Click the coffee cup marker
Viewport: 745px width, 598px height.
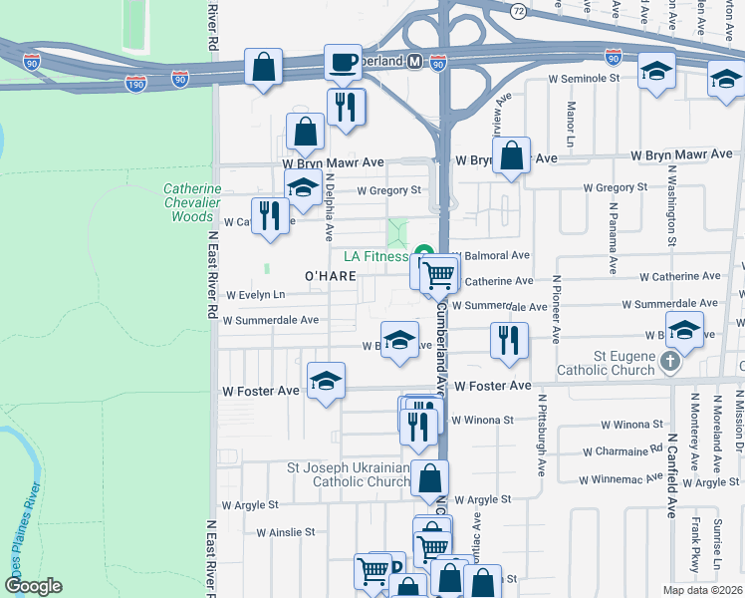[x=344, y=63]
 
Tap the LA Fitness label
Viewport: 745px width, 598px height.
[x=375, y=256]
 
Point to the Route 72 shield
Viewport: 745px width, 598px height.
[x=518, y=11]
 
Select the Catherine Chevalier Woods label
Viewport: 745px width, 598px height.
[x=192, y=202]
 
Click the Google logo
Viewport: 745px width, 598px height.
[x=33, y=586]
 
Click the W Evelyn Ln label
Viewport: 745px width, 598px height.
[x=255, y=295]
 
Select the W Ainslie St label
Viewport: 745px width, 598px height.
[x=285, y=532]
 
